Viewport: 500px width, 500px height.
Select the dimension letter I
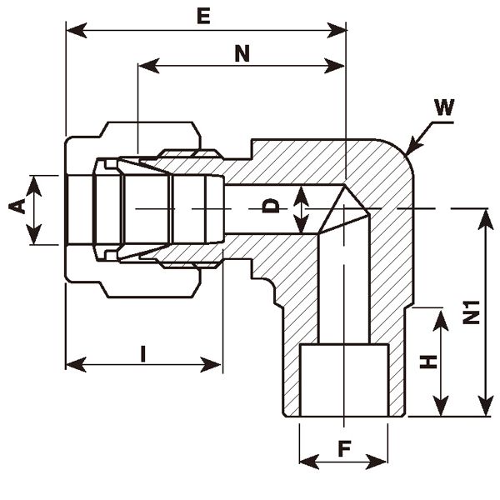pos(143,353)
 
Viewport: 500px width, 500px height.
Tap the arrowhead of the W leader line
pos(408,152)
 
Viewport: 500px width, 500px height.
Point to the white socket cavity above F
pos(343,379)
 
